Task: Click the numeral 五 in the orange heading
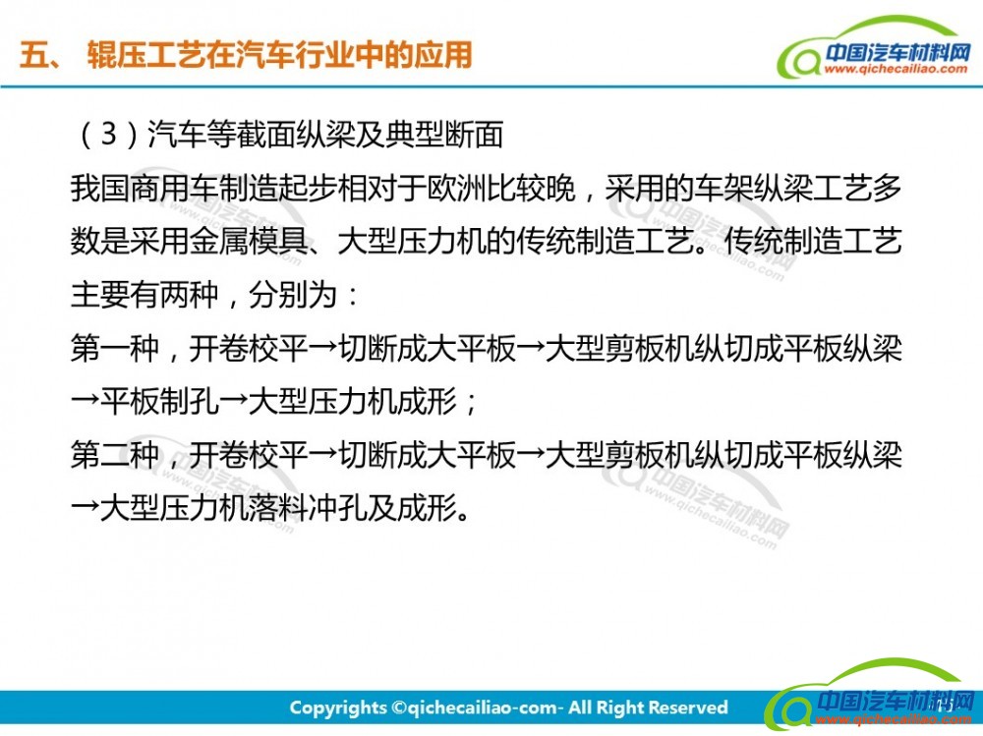coord(35,55)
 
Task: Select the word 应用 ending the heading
coord(444,55)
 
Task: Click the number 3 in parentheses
coord(109,134)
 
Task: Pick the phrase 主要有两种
coord(145,295)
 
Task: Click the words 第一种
coord(115,348)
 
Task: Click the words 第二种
coord(115,455)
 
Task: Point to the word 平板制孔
coord(160,401)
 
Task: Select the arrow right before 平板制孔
coord(86,401)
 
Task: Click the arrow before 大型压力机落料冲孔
coord(86,508)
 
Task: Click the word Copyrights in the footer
coord(338,708)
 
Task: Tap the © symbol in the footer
coord(399,708)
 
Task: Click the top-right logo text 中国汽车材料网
coord(897,53)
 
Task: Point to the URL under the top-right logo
coord(896,69)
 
